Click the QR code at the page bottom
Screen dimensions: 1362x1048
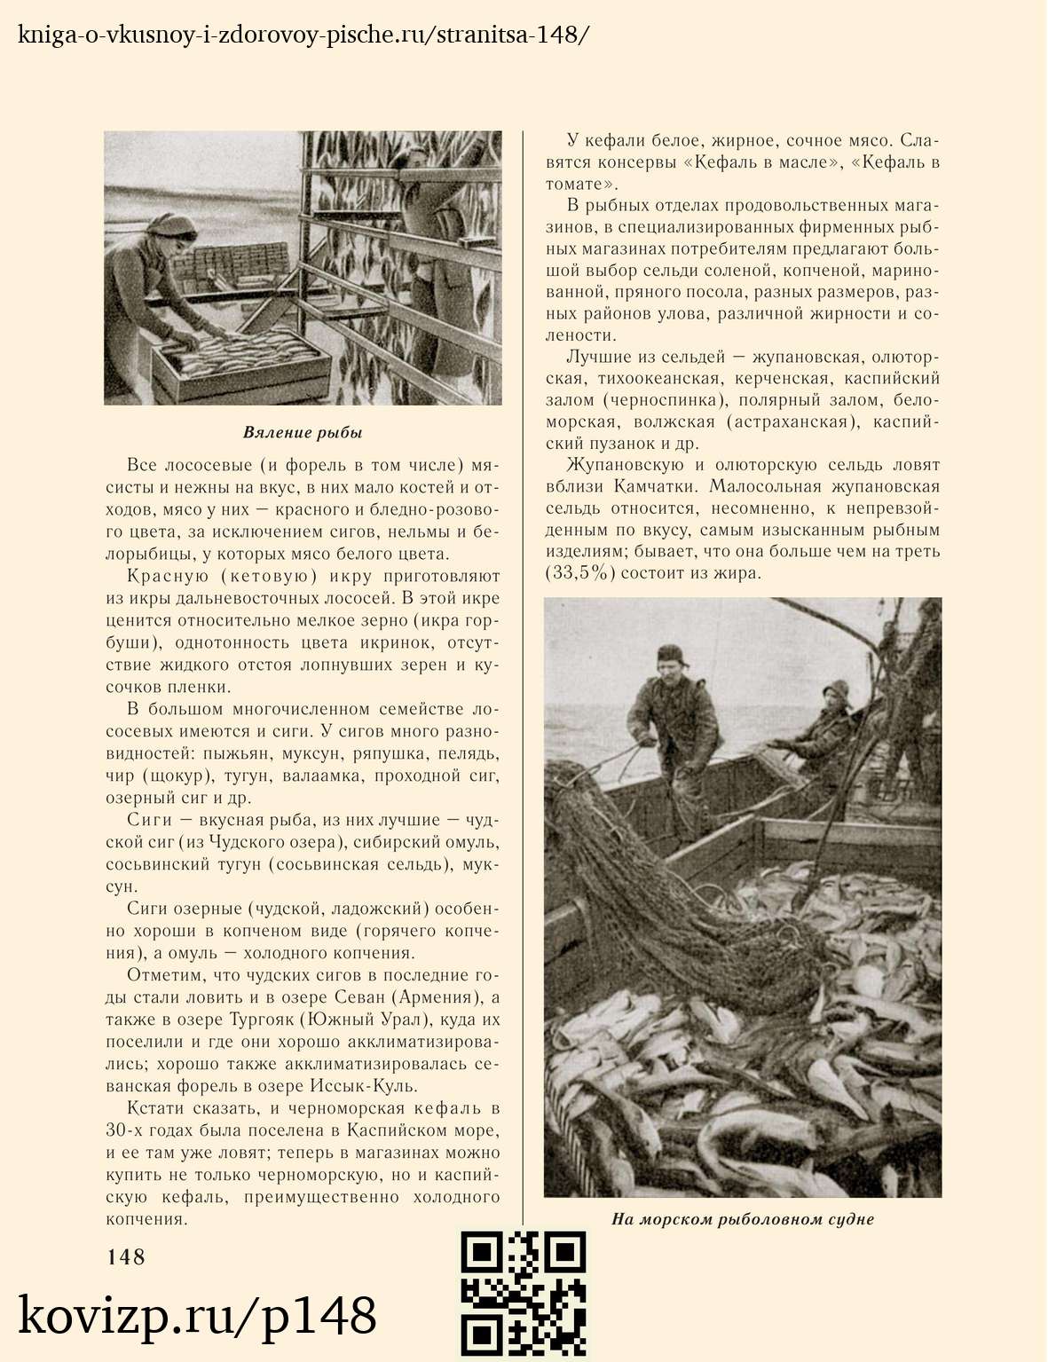[x=524, y=1294]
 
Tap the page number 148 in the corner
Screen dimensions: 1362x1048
[x=126, y=1256]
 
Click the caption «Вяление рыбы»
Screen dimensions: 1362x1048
[x=303, y=433]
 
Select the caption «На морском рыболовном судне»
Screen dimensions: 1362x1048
[x=743, y=1219]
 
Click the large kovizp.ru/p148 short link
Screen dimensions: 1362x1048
[x=197, y=1316]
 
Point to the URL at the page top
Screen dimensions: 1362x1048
[x=303, y=35]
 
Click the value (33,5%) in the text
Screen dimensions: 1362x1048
[x=579, y=573]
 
